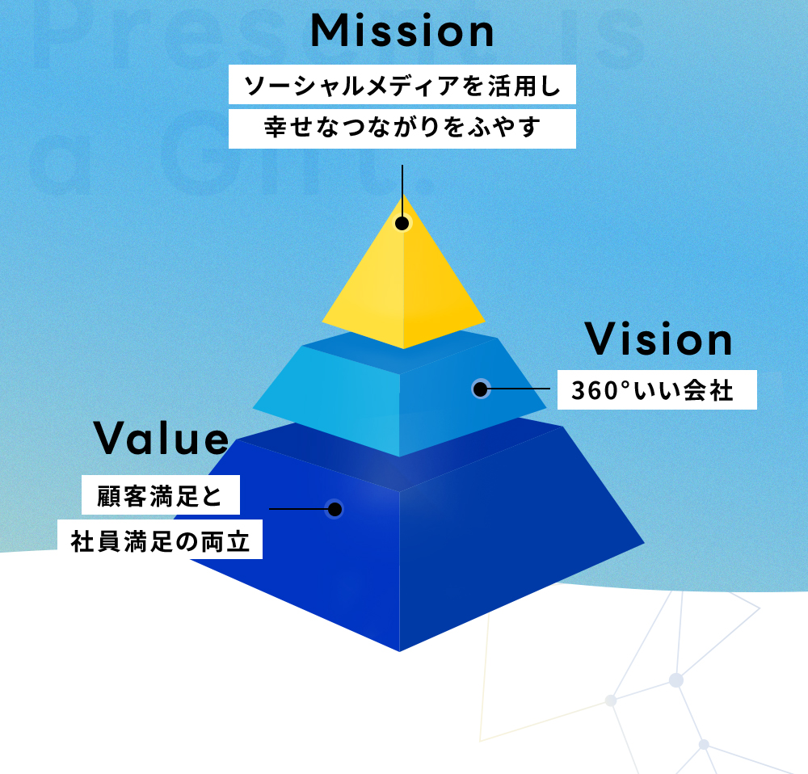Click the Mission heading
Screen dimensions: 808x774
402,31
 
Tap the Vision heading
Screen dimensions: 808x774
658,339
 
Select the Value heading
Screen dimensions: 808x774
162,438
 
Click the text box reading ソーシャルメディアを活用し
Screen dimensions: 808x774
402,85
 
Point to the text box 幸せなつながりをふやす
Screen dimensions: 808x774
402,128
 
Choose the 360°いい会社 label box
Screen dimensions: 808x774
657,389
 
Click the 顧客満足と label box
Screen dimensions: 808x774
161,494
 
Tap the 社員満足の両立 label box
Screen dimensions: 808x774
160,539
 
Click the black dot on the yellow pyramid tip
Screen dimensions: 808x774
402,223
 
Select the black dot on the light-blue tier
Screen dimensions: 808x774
480,389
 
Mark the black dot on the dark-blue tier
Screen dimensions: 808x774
335,509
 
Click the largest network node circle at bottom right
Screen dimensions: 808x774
676,680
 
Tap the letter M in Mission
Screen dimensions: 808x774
330,31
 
